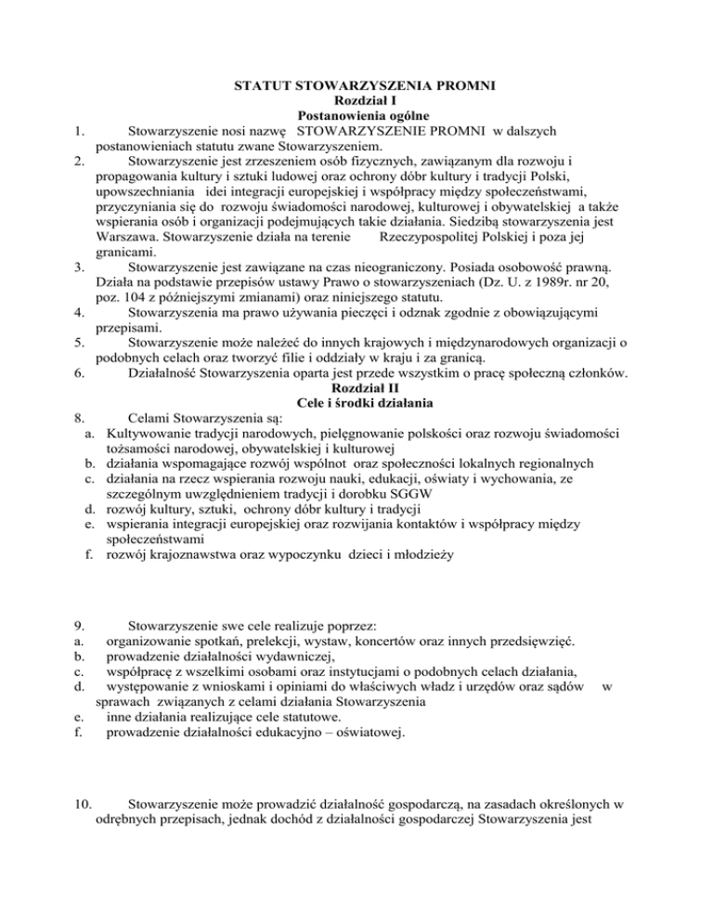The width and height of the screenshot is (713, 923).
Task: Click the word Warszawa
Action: pos(127,237)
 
